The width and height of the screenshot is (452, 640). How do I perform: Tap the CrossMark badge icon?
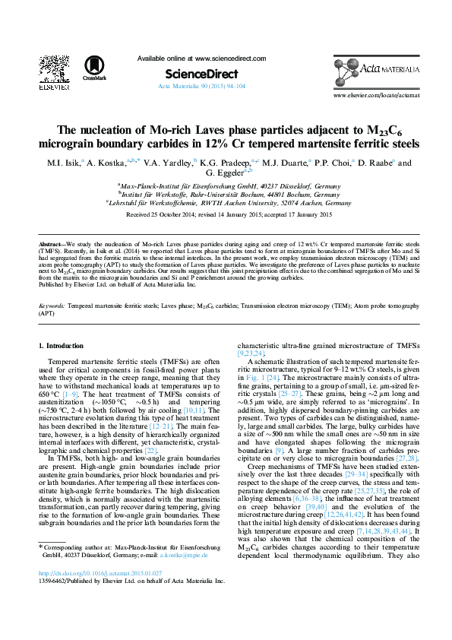click(95, 68)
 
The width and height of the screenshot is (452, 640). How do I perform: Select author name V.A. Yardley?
click(168, 163)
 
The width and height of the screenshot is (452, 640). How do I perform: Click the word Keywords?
click(52, 305)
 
